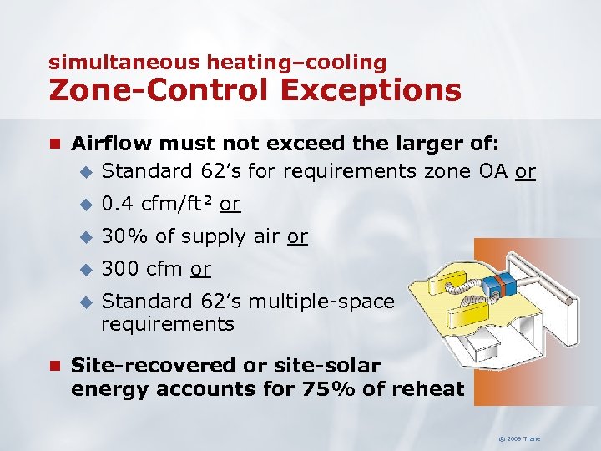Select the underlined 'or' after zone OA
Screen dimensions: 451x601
tap(525, 172)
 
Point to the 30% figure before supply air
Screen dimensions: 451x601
tap(124, 236)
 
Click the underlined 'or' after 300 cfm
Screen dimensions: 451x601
tap(200, 269)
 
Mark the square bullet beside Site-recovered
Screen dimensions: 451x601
tap(55, 366)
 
